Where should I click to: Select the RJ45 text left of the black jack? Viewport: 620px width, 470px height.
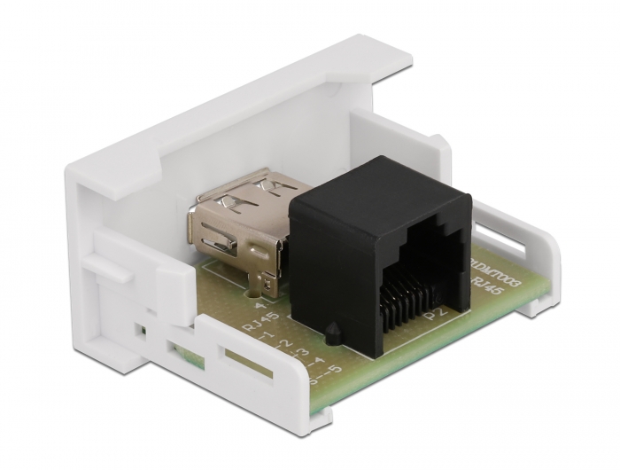(264, 320)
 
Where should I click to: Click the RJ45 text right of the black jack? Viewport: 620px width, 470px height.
(484, 286)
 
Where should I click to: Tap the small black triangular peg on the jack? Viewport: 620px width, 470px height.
(330, 335)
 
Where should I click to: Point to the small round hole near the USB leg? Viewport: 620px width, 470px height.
(255, 290)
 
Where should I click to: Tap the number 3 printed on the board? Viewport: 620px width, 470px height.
(303, 354)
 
